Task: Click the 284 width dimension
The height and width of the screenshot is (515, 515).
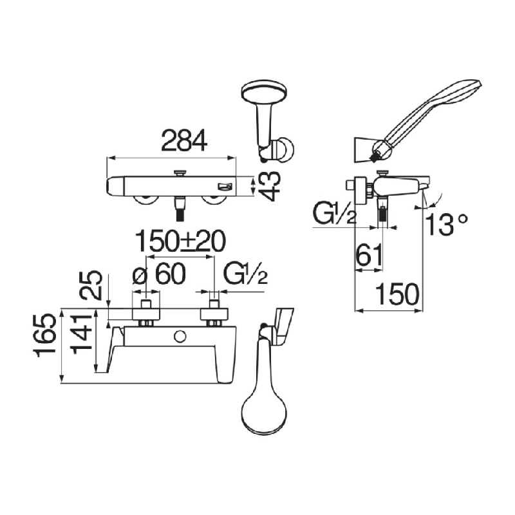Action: coord(184,140)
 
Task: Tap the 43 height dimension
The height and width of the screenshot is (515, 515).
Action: coord(269,186)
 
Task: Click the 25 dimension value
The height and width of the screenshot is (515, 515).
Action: coord(91,285)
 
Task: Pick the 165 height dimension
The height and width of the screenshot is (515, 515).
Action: coord(44,335)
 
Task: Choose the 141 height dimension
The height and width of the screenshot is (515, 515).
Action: coord(82,334)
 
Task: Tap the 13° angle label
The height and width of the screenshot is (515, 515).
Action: coord(446,224)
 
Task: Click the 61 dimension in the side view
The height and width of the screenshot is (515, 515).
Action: coord(370,254)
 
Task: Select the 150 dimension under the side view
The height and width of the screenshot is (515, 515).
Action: coord(397,294)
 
